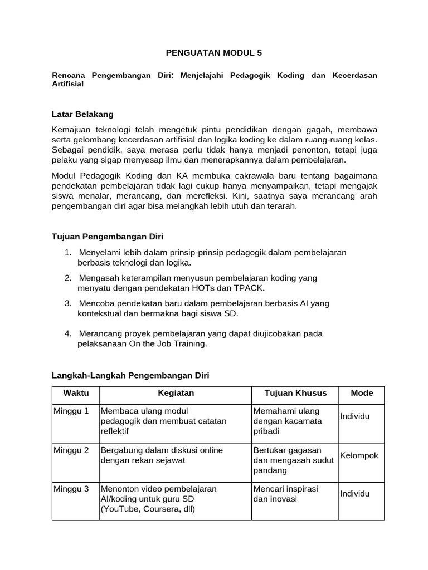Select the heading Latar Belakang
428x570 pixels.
pyautogui.click(x=82, y=114)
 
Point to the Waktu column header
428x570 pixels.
pyautogui.click(x=75, y=393)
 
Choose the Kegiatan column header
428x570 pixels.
pyautogui.click(x=176, y=393)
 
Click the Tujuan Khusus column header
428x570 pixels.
pyautogui.click(x=295, y=393)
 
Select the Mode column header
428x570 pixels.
pyautogui.click(x=362, y=393)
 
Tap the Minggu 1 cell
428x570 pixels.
pyautogui.click(x=71, y=411)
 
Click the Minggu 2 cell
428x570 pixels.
pyautogui.click(x=71, y=450)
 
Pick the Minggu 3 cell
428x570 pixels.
pyautogui.click(x=71, y=489)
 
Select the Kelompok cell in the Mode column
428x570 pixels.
pyautogui.click(x=359, y=455)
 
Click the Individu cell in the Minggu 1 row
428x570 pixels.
pyautogui.click(x=354, y=416)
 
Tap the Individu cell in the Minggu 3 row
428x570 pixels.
pyautogui.click(x=354, y=494)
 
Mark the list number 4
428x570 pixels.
pyautogui.click(x=67, y=334)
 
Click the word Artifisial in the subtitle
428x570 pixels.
pyautogui.click(x=67, y=84)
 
